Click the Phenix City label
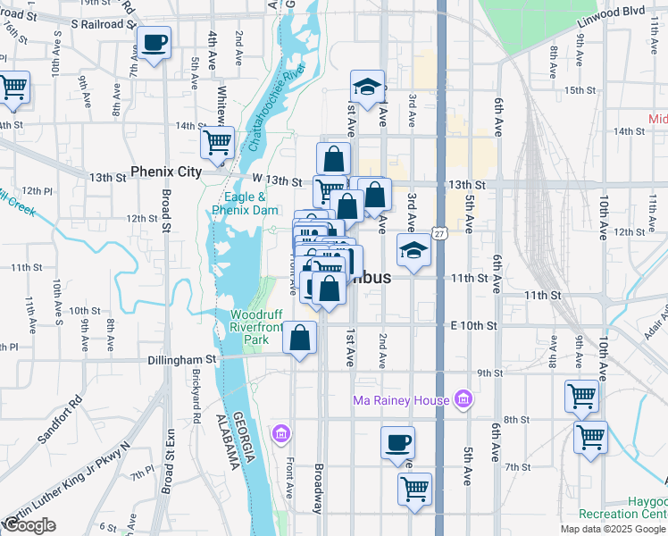tap(165, 171)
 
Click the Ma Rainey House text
tap(401, 400)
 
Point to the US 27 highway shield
tap(439, 233)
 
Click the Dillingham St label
tap(182, 359)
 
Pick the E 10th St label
tap(473, 325)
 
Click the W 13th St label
tap(276, 181)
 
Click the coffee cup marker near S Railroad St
tap(154, 42)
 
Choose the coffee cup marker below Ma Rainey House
tap(398, 441)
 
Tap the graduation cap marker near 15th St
tap(366, 87)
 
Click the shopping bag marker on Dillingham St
tap(300, 338)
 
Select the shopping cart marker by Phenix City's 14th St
tap(217, 141)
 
